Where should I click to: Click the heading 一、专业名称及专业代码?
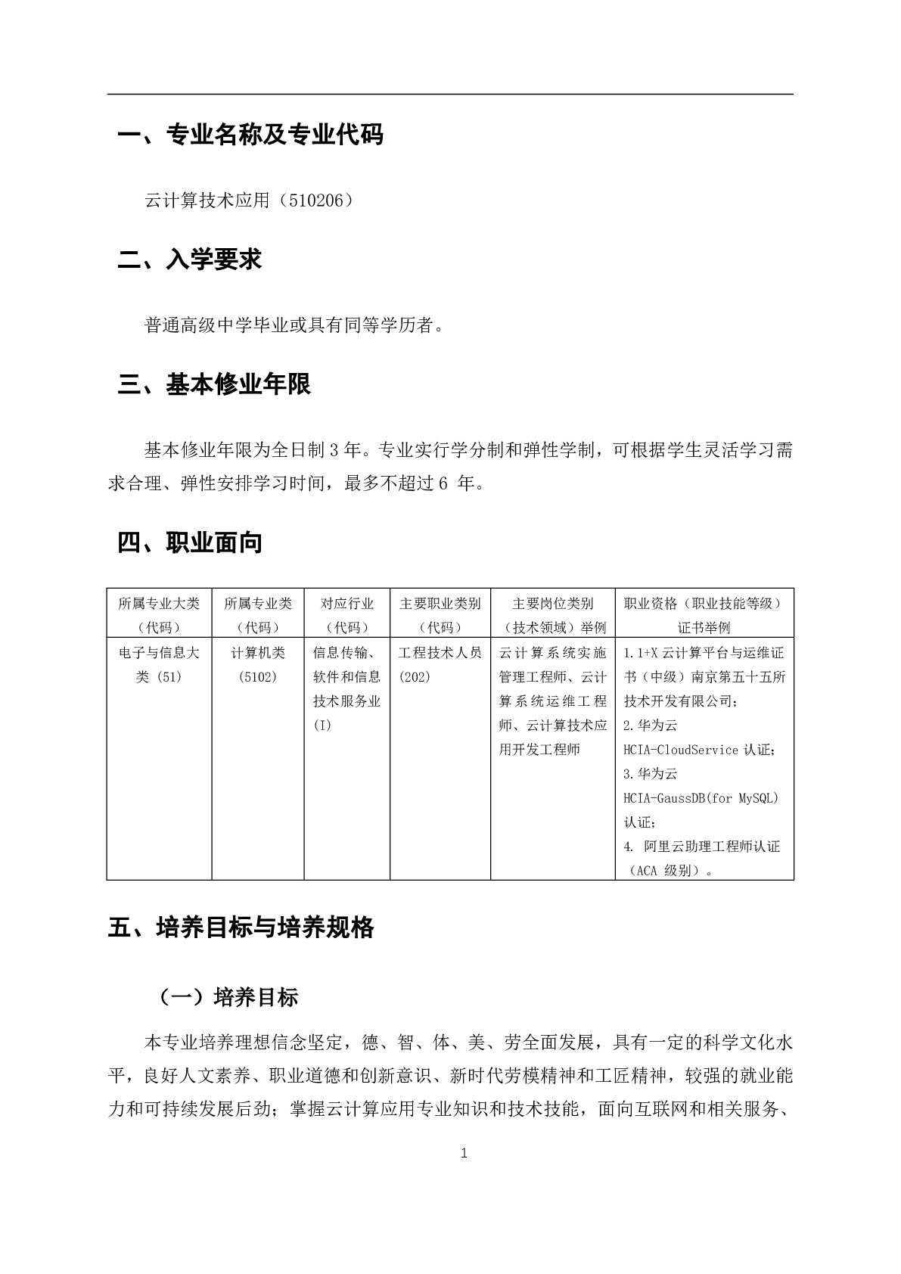[x=250, y=135]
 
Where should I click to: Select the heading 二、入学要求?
[x=190, y=259]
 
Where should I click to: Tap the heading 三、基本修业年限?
[x=214, y=384]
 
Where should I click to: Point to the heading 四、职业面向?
[x=190, y=542]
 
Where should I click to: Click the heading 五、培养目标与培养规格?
[x=241, y=928]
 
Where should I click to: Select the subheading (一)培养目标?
[x=228, y=997]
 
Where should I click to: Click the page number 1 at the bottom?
[x=464, y=1153]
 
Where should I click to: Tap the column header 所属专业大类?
[x=159, y=604]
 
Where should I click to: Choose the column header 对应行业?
[x=347, y=604]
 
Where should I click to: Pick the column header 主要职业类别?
[x=440, y=604]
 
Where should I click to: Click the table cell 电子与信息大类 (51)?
[x=159, y=664]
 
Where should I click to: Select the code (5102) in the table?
[x=258, y=677]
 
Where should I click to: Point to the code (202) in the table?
[x=415, y=677]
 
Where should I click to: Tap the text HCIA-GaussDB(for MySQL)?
[x=701, y=798]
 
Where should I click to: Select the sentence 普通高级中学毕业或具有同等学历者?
[x=290, y=326]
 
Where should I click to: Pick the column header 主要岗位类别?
[x=553, y=604]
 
